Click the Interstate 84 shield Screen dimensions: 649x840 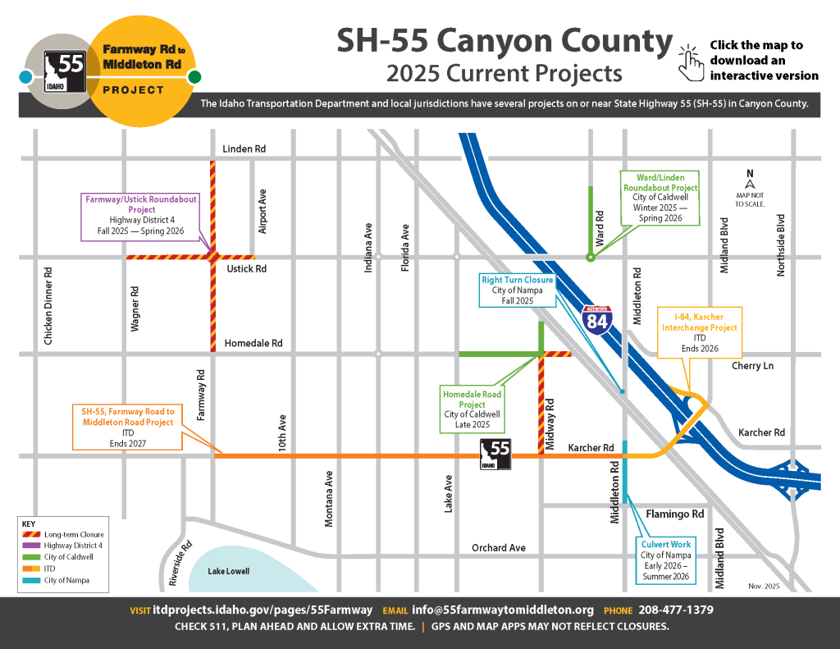tap(597, 318)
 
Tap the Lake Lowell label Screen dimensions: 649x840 tap(229, 571)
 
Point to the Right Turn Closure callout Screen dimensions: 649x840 tap(518, 290)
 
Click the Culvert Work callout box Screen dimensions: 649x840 tap(666, 561)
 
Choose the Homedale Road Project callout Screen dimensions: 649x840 tap(472, 409)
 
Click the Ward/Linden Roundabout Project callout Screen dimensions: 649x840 tap(660, 198)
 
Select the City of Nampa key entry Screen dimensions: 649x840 tap(66, 580)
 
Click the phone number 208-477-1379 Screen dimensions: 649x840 tap(674, 610)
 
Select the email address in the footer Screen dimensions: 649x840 tap(503, 610)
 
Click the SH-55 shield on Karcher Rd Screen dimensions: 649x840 tap(496, 454)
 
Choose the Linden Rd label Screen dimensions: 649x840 tap(245, 149)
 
